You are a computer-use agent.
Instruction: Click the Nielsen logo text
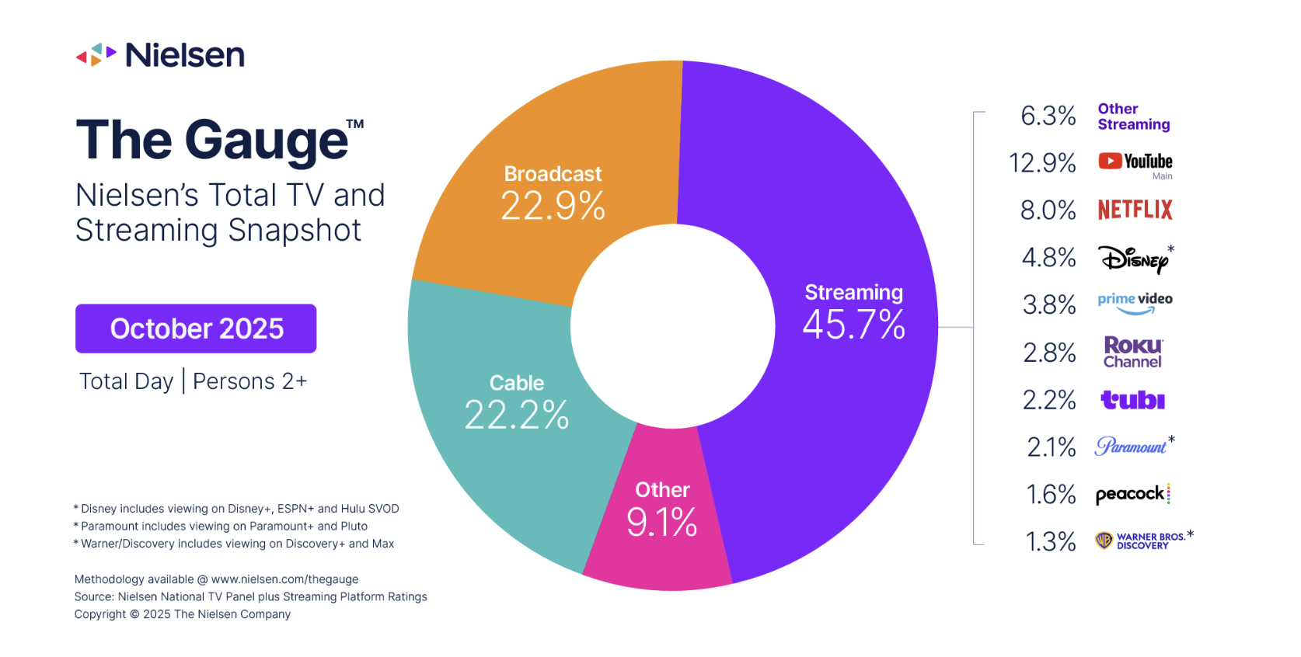click(x=184, y=55)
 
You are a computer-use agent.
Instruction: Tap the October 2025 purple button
click(x=196, y=328)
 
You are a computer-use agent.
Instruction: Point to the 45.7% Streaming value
click(x=853, y=325)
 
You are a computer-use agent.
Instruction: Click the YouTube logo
click(x=1135, y=162)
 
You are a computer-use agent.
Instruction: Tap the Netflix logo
click(x=1135, y=210)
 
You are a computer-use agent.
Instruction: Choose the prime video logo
click(x=1135, y=303)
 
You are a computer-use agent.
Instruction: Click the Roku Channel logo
click(x=1133, y=353)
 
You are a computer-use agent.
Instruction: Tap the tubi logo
click(x=1132, y=400)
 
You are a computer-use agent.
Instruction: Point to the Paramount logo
click(x=1132, y=447)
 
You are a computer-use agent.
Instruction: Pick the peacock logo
click(x=1132, y=494)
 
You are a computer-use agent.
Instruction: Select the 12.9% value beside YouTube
click(x=1041, y=163)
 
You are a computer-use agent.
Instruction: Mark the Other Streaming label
click(x=1133, y=116)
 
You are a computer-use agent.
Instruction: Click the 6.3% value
click(x=1048, y=116)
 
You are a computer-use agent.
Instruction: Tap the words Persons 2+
click(x=249, y=381)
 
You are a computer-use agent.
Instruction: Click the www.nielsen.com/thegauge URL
click(x=284, y=579)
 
